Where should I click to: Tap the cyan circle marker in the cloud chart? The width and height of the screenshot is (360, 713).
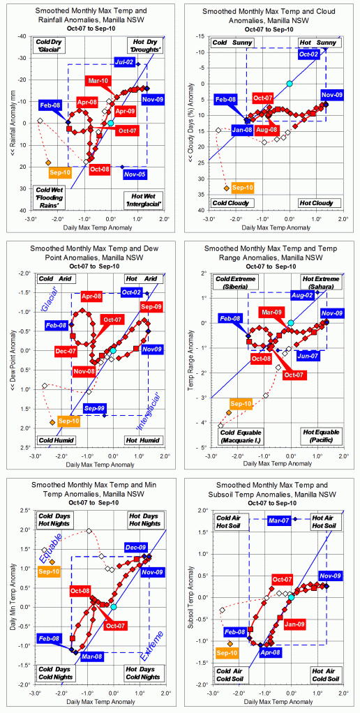[x=290, y=84]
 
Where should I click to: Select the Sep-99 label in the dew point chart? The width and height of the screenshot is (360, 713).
[x=95, y=407]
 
